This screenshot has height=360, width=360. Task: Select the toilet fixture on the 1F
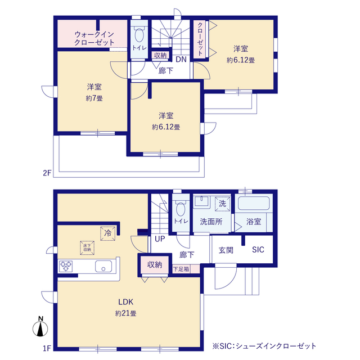coord(181,210)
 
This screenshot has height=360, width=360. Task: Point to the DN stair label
coord(181,59)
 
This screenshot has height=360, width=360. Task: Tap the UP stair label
coord(160,239)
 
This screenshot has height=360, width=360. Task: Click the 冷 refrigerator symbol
coord(106,232)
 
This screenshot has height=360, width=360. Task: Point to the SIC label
coord(258,249)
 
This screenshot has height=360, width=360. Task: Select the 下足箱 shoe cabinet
coord(181,269)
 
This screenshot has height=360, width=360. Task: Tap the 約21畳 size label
coord(126,313)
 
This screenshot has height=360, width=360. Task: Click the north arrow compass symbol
coord(41,328)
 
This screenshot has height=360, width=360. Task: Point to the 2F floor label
coord(46,174)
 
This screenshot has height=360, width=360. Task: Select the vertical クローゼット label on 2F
coord(199,40)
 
